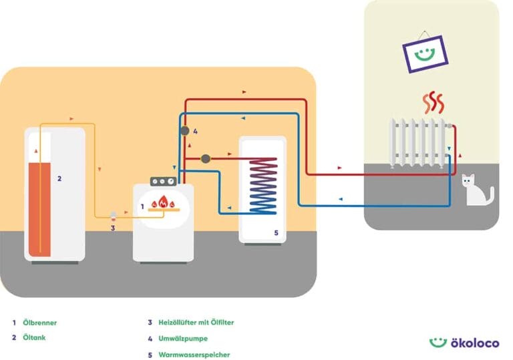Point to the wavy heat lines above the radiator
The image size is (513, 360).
[x=433, y=104]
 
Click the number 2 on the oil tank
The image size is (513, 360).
[x=59, y=178]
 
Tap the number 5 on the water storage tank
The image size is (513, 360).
[x=275, y=232]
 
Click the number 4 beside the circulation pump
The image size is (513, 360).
[x=195, y=132]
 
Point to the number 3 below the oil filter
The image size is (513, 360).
[x=113, y=228]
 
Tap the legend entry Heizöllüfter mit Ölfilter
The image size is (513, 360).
[x=196, y=323]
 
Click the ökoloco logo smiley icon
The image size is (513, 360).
[x=438, y=341]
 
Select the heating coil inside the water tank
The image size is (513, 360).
[x=263, y=185]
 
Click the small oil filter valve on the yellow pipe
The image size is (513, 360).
[x=113, y=215]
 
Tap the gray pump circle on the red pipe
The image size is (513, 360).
[x=206, y=159]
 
